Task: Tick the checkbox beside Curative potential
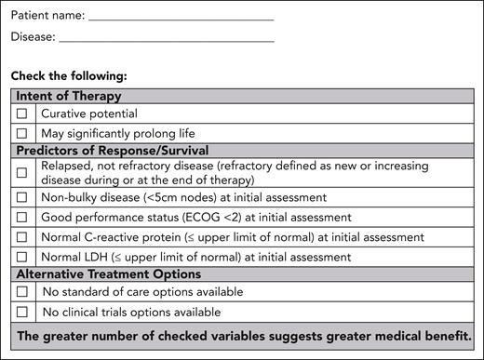[x=22, y=113]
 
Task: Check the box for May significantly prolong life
[x=22, y=133]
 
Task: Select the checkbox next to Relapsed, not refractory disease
[x=22, y=173]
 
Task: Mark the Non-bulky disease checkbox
[x=22, y=197]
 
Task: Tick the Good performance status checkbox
[x=22, y=217]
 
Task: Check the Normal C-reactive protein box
[x=22, y=236]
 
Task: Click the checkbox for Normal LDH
[x=22, y=256]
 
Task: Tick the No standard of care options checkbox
[x=22, y=292]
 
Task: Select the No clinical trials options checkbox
[x=22, y=312]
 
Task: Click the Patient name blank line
[x=181, y=17]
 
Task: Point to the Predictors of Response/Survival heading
[x=111, y=151]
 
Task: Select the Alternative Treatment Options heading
[x=108, y=274]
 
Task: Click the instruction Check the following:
[x=69, y=74]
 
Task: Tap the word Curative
[x=65, y=113]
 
